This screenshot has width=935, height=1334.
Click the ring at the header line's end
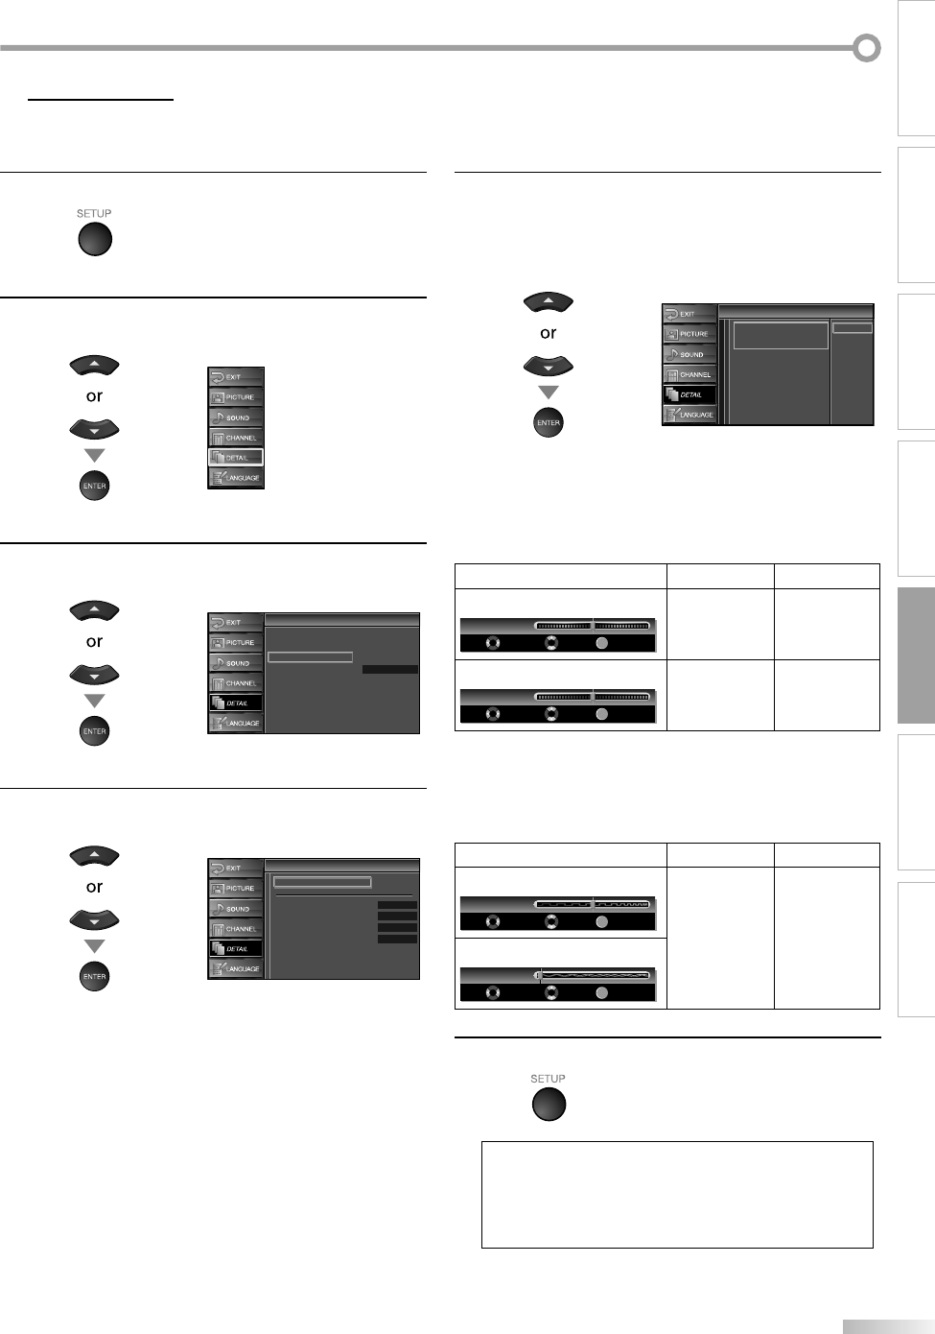point(867,48)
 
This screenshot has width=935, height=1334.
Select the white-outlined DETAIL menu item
point(236,458)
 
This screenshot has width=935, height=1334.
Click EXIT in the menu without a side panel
point(236,377)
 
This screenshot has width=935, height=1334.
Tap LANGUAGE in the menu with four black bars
point(236,969)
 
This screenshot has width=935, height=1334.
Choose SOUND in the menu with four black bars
point(236,909)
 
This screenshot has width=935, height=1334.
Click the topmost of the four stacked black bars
point(397,905)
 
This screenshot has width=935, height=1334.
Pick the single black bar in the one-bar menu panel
point(390,669)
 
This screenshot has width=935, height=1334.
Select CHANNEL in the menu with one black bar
point(236,683)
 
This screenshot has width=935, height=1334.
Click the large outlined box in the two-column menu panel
point(781,335)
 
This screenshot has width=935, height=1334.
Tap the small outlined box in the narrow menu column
point(853,328)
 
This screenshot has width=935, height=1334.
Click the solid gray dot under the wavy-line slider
point(601,992)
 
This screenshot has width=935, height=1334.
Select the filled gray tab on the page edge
point(916,655)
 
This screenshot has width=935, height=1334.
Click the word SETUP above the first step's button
point(94,213)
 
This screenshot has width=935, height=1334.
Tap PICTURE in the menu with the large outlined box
point(690,334)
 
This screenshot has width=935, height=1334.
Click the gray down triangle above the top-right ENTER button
point(548,393)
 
